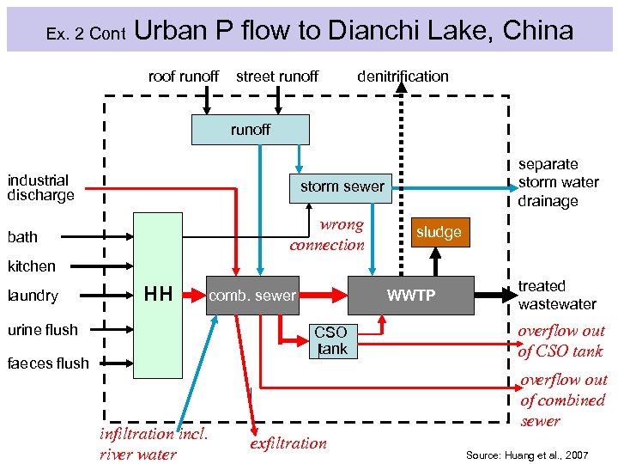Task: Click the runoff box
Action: (250, 130)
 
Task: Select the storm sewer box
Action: (341, 187)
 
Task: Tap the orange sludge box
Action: (439, 232)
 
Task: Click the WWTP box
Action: (410, 296)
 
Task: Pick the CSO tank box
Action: (330, 340)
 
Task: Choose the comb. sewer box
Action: (252, 296)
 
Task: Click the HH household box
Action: (158, 295)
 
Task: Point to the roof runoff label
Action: (183, 76)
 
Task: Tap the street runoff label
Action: (276, 76)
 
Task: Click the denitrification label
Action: (403, 76)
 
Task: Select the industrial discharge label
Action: (40, 187)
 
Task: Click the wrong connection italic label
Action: (327, 235)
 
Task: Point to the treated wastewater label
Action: (556, 295)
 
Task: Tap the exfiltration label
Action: (288, 443)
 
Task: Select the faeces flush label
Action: (47, 363)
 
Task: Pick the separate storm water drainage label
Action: (558, 182)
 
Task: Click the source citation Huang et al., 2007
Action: (526, 454)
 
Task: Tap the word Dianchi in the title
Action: (370, 31)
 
